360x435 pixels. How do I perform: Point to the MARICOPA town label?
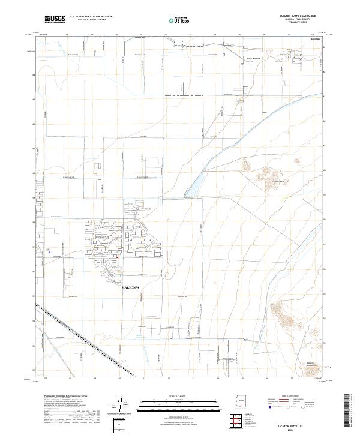point(133,288)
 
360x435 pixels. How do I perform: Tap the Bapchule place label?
point(315,40)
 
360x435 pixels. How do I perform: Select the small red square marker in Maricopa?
point(118,259)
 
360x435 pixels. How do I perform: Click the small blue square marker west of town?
point(49,251)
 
